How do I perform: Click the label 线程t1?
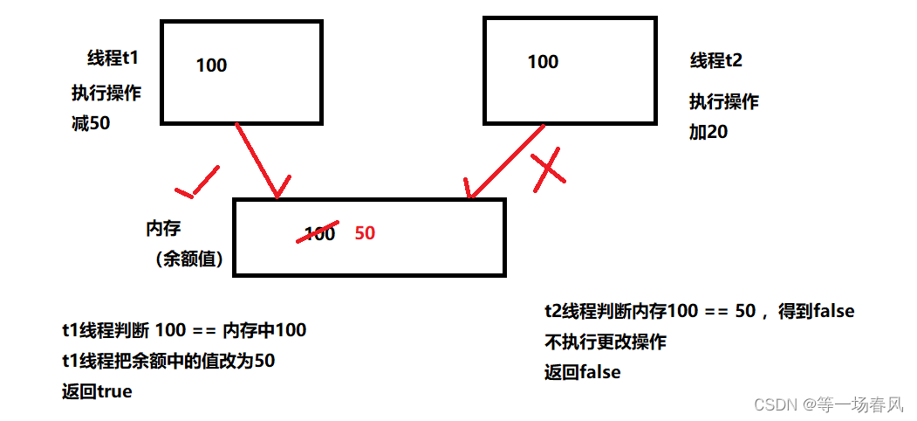pyautogui.click(x=113, y=59)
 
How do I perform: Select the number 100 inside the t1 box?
pyautogui.click(x=211, y=65)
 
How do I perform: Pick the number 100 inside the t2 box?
pyautogui.click(x=543, y=61)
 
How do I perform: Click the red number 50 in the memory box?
pyautogui.click(x=365, y=233)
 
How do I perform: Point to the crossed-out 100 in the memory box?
pyautogui.click(x=319, y=233)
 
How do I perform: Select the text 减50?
pyautogui.click(x=91, y=123)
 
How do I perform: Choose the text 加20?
pyautogui.click(x=708, y=133)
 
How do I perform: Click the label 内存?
pyautogui.click(x=163, y=229)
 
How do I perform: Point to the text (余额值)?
pyautogui.click(x=185, y=259)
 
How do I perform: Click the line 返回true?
pyautogui.click(x=97, y=391)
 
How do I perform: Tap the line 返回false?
pyautogui.click(x=582, y=372)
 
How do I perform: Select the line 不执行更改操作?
pyautogui.click(x=605, y=342)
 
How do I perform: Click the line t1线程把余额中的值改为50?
pyautogui.click(x=168, y=361)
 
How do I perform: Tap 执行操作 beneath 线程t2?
pyautogui.click(x=723, y=101)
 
